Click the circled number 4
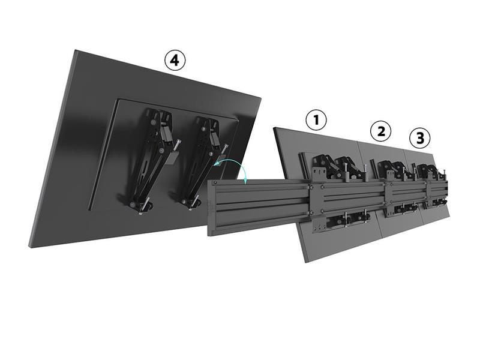pyautogui.click(x=175, y=61)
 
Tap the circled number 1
pyautogui.click(x=316, y=120)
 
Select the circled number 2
pyautogui.click(x=381, y=131)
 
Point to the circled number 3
pyautogui.click(x=420, y=138)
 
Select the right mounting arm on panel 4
pyautogui.click(x=203, y=162)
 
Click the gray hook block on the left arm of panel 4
pyautogui.click(x=172, y=158)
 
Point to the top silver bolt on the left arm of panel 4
pyautogui.click(x=178, y=145)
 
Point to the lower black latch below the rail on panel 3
pyautogui.click(x=439, y=202)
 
